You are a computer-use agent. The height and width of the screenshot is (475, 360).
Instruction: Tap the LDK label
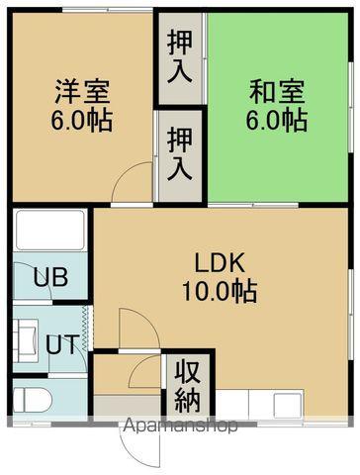225,263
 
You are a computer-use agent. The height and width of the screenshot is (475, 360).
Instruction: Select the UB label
48,276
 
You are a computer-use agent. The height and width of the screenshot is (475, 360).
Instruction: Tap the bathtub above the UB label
50,233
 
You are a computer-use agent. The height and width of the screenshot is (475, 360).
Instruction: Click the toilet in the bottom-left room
31,400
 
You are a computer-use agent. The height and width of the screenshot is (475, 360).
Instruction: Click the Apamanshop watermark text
179,428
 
